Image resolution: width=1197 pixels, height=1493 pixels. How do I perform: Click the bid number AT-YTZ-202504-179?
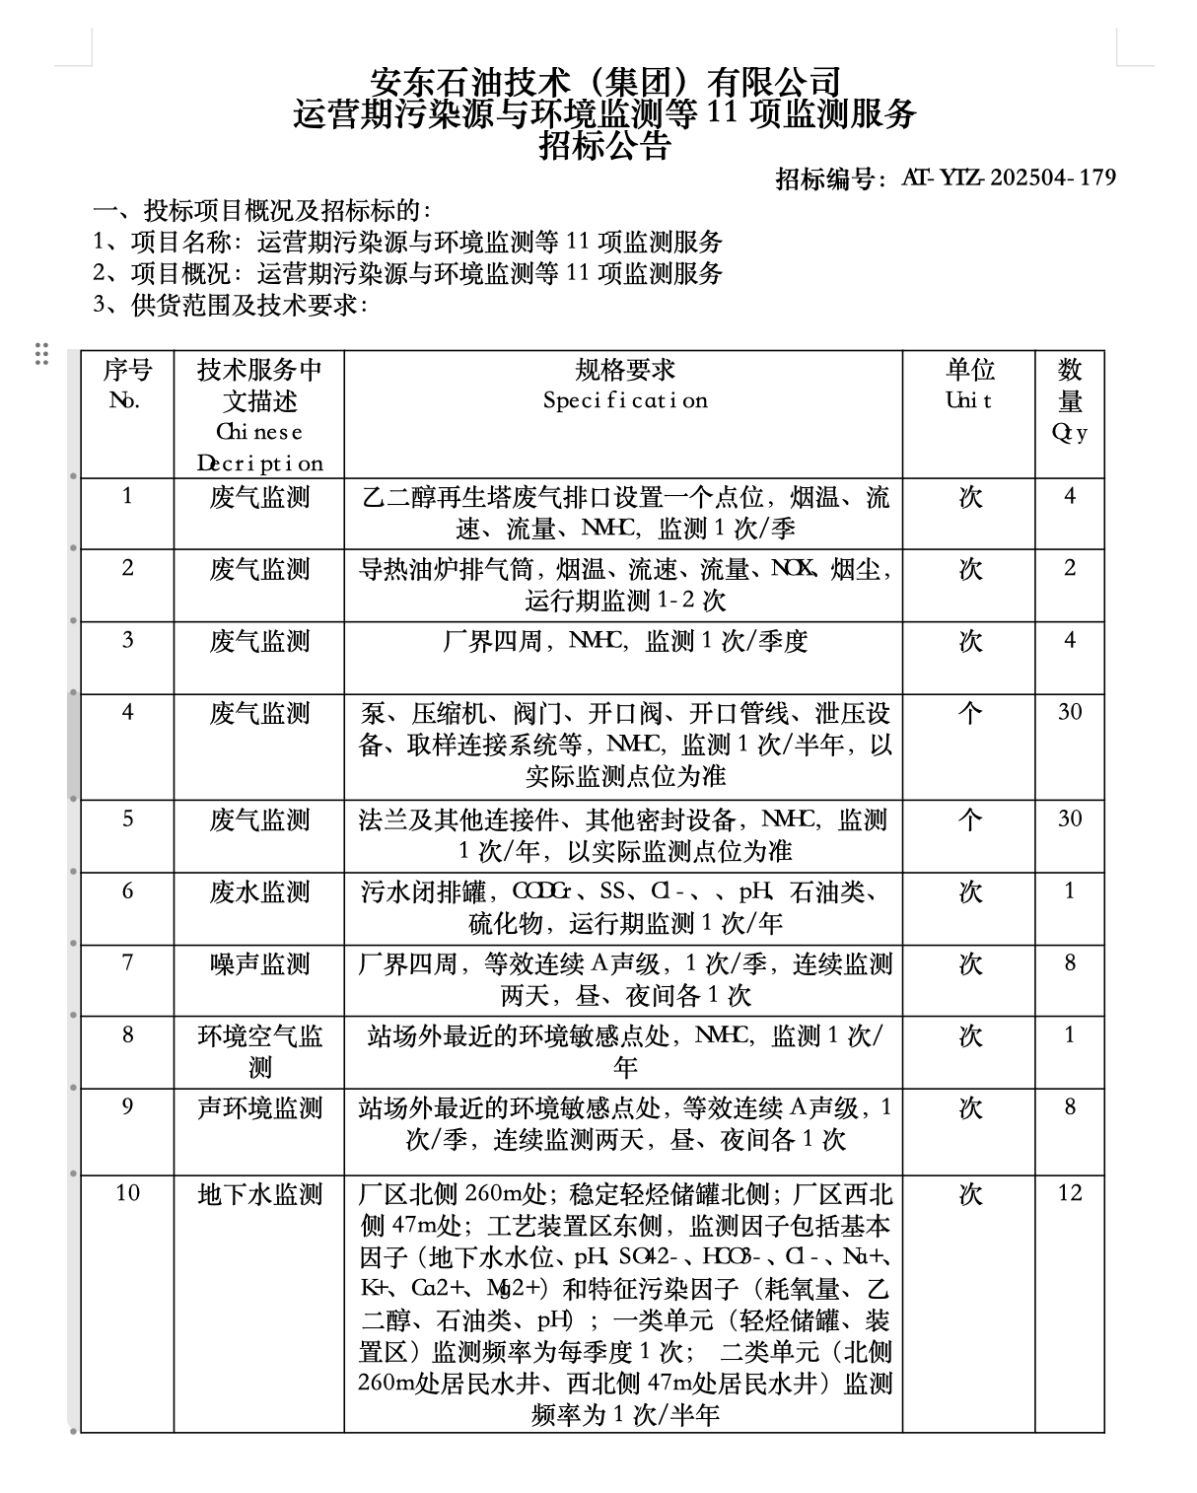pos(1008,178)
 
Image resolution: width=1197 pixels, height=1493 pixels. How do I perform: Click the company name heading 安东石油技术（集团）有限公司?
pos(604,80)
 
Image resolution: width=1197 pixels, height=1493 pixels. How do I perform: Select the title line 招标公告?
pos(604,146)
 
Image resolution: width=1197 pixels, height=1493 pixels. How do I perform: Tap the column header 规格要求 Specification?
pos(624,385)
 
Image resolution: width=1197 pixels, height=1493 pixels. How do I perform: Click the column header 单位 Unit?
pos(969,385)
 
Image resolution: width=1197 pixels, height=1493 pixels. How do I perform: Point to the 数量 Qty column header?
pos(1070,400)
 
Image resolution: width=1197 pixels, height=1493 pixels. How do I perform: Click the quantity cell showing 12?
pos(1070,1193)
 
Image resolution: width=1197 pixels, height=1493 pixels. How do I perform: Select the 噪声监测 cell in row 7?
pos(259,963)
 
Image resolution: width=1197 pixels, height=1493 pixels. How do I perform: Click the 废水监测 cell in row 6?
pos(259,891)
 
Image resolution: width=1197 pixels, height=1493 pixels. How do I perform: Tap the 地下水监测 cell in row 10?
pos(259,1194)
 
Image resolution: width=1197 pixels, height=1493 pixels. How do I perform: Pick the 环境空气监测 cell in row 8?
pos(259,1051)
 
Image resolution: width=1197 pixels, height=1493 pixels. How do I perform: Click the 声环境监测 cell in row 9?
pos(259,1108)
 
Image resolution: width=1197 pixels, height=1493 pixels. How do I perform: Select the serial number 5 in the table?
pos(127,818)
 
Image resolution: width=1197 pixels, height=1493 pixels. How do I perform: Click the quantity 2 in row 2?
pos(1070,568)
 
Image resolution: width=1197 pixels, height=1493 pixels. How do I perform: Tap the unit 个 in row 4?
pos(970,712)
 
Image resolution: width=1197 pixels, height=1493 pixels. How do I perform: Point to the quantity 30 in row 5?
pos(1070,818)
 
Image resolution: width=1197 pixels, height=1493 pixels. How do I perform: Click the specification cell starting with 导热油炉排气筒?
pos(624,584)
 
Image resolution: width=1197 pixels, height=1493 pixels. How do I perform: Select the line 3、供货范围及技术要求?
pos(231,305)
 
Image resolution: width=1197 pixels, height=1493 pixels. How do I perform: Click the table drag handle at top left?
pos(41,353)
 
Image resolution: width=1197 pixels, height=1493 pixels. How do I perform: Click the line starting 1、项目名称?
pos(408,242)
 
